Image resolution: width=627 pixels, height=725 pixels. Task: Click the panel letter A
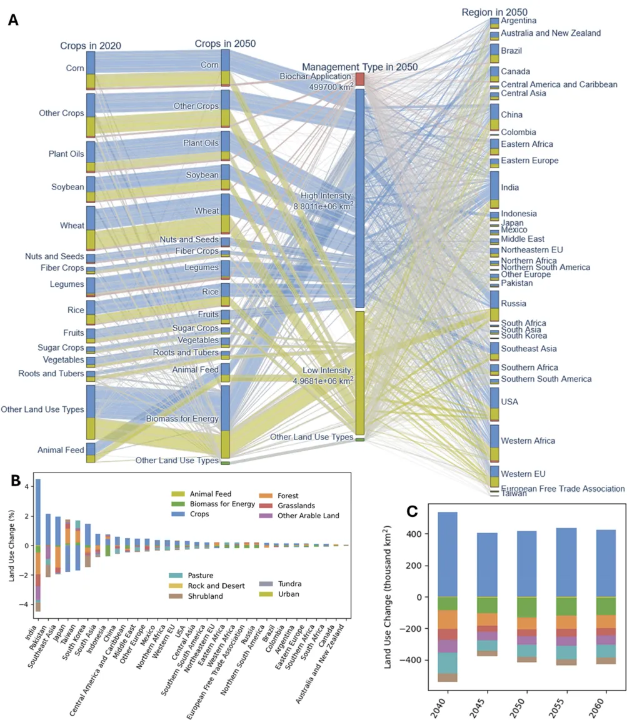(x=13, y=19)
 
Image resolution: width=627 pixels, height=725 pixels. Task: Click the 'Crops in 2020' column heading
(x=90, y=46)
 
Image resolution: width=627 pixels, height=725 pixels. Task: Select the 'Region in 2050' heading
(x=494, y=12)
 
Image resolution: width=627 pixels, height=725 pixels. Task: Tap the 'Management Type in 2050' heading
(x=359, y=67)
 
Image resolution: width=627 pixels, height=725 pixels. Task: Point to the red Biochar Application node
(x=359, y=79)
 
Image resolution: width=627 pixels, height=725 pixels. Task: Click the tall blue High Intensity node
(x=359, y=199)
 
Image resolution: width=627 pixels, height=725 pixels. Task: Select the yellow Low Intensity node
(x=359, y=372)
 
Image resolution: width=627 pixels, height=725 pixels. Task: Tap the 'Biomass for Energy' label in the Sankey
(x=182, y=418)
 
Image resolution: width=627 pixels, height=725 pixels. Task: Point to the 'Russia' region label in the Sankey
(x=514, y=304)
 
